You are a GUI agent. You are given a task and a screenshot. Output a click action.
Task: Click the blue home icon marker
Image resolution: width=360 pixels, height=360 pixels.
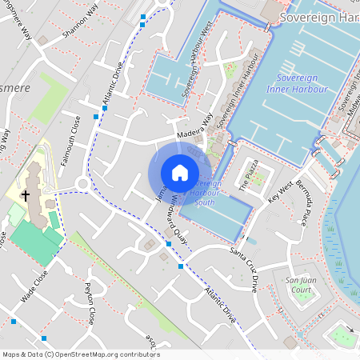180,173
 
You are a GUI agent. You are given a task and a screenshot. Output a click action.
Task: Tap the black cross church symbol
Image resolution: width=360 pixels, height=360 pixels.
25,195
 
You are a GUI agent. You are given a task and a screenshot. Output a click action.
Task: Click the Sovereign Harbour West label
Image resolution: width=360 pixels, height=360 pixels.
195,59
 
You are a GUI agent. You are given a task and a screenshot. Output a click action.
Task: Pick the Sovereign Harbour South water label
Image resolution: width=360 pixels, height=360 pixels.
205,193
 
